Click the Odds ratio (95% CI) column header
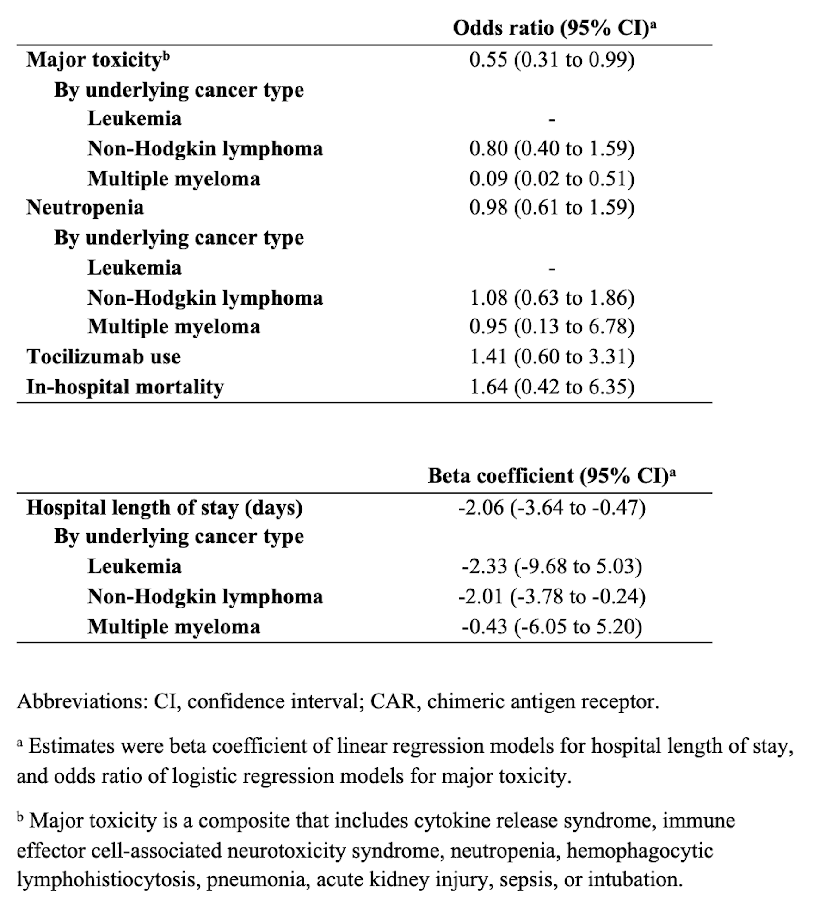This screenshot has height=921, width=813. (554, 28)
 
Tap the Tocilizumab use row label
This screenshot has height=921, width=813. (104, 356)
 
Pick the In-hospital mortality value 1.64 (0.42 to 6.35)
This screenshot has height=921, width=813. (552, 387)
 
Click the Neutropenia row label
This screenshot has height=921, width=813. (85, 207)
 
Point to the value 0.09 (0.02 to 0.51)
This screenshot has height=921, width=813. (552, 178)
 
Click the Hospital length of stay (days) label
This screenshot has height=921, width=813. (164, 507)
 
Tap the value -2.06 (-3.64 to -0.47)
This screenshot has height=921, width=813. (552, 507)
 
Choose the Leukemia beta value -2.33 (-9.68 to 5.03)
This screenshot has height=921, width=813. (552, 566)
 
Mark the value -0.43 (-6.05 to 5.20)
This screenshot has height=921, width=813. (552, 626)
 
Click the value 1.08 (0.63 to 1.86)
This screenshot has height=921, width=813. (552, 297)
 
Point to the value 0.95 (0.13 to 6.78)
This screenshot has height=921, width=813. (552, 326)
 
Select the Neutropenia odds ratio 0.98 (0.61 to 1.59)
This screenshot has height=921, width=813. (552, 207)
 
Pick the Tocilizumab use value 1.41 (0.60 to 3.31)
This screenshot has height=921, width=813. (552, 356)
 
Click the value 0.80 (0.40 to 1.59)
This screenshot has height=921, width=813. (552, 148)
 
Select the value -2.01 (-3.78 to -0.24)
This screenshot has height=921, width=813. (552, 596)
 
